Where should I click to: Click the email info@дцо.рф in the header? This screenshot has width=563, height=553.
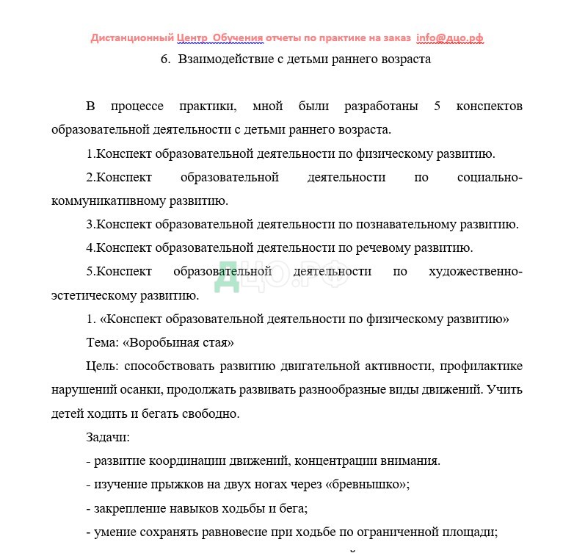pyautogui.click(x=448, y=38)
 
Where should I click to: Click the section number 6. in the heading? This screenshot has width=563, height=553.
pyautogui.click(x=165, y=59)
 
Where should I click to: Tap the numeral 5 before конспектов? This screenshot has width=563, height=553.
pyautogui.click(x=437, y=106)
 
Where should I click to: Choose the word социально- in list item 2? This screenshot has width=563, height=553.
pyautogui.click(x=490, y=178)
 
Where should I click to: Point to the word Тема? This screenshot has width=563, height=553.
pyautogui.click(x=103, y=343)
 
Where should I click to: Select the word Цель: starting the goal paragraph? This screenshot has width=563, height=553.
pyautogui.click(x=103, y=366)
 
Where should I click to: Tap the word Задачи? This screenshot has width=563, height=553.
pyautogui.click(x=108, y=438)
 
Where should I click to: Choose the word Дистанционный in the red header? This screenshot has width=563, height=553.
pyautogui.click(x=132, y=38)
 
